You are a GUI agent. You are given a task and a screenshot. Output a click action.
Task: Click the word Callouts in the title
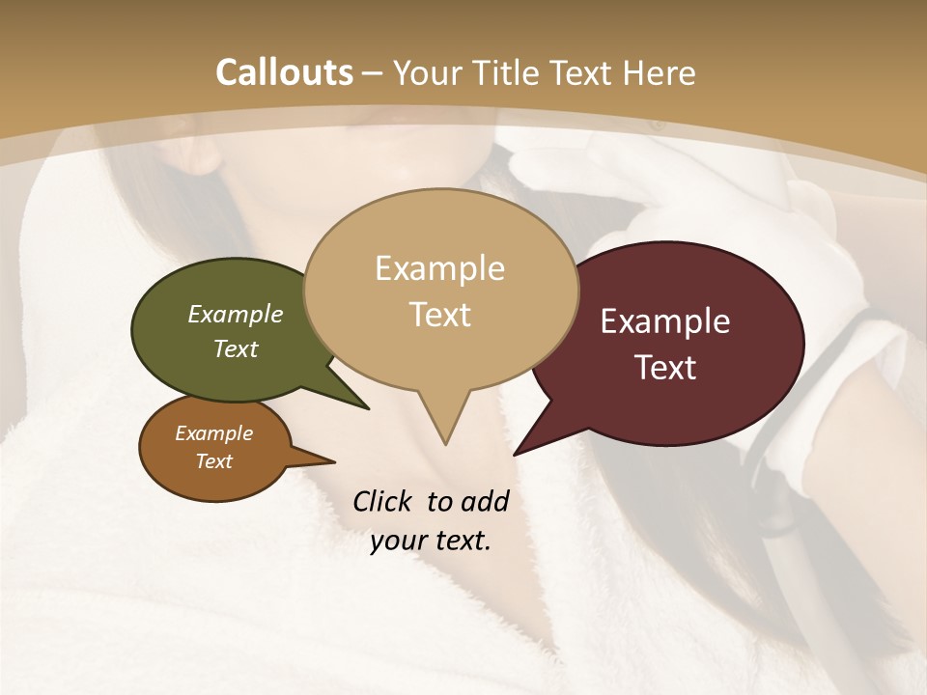pyautogui.click(x=284, y=72)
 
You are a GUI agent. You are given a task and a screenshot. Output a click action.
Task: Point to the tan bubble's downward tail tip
pyautogui.click(x=445, y=443)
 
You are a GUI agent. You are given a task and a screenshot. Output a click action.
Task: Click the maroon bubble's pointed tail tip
pyautogui.click(x=515, y=454)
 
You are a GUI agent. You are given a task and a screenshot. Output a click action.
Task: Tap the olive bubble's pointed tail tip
pyautogui.click(x=368, y=407)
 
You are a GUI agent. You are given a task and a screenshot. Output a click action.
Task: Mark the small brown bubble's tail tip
pyautogui.click(x=334, y=461)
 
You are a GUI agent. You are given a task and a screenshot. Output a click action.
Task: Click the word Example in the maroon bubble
pyautogui.click(x=665, y=321)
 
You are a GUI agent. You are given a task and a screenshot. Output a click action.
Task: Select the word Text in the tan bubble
pyautogui.click(x=439, y=315)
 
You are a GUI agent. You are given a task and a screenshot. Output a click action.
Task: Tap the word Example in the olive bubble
pyautogui.click(x=235, y=314)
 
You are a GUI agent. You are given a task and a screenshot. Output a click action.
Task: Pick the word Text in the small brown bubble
pyautogui.click(x=214, y=461)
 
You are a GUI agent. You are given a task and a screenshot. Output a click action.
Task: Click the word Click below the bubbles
pyautogui.click(x=384, y=501)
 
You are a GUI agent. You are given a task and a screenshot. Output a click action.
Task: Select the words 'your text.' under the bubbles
pyautogui.click(x=431, y=541)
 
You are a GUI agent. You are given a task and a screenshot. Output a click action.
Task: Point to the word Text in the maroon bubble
pyautogui.click(x=666, y=368)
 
